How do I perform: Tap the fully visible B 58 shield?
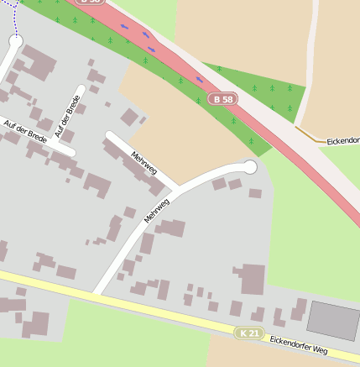click(x=223, y=99)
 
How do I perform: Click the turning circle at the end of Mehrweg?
click(x=249, y=167)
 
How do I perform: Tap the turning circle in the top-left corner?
click(x=15, y=39)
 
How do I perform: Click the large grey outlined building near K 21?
click(x=333, y=320)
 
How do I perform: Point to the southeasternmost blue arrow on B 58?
click(x=200, y=80)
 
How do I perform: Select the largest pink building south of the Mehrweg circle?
click(x=252, y=278)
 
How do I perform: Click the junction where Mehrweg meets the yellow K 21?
click(x=96, y=293)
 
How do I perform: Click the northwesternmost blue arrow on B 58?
click(x=125, y=26)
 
